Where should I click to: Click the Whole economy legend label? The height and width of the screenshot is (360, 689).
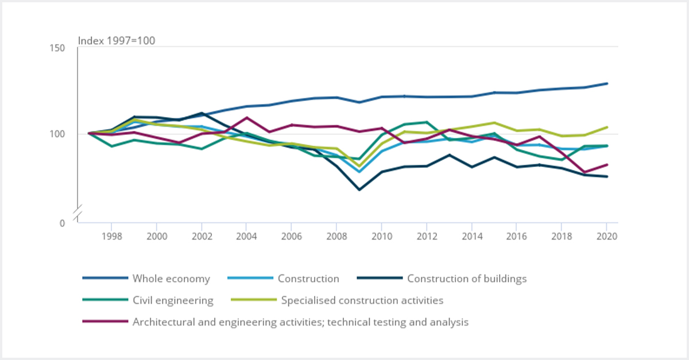(x=171, y=279)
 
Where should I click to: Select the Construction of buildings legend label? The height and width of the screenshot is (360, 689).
(x=466, y=279)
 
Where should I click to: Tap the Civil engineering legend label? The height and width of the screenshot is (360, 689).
(x=173, y=300)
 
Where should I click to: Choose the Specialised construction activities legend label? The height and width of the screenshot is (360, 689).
(x=362, y=300)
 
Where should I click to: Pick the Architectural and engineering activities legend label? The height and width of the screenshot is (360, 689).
(x=300, y=322)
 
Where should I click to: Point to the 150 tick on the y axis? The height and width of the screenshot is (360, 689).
(x=57, y=48)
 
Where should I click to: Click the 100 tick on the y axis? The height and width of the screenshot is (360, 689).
(x=57, y=134)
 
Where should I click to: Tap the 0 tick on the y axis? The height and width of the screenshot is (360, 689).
(x=62, y=223)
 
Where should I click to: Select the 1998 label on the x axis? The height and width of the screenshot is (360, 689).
(x=111, y=236)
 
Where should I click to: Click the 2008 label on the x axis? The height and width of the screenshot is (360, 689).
(x=336, y=236)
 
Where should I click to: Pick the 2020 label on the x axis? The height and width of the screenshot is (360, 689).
(x=607, y=236)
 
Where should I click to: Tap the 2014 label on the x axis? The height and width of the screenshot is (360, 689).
(x=472, y=236)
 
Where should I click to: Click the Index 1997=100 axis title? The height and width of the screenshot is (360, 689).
(x=117, y=41)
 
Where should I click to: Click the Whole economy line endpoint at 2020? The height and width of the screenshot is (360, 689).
(x=607, y=83)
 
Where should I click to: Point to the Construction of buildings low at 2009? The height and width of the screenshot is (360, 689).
(x=359, y=189)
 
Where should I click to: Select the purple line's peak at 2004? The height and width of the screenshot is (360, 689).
(x=246, y=118)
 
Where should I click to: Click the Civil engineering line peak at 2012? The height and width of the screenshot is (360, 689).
(x=427, y=122)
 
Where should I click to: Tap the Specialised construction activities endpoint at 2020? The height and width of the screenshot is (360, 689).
(x=607, y=127)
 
